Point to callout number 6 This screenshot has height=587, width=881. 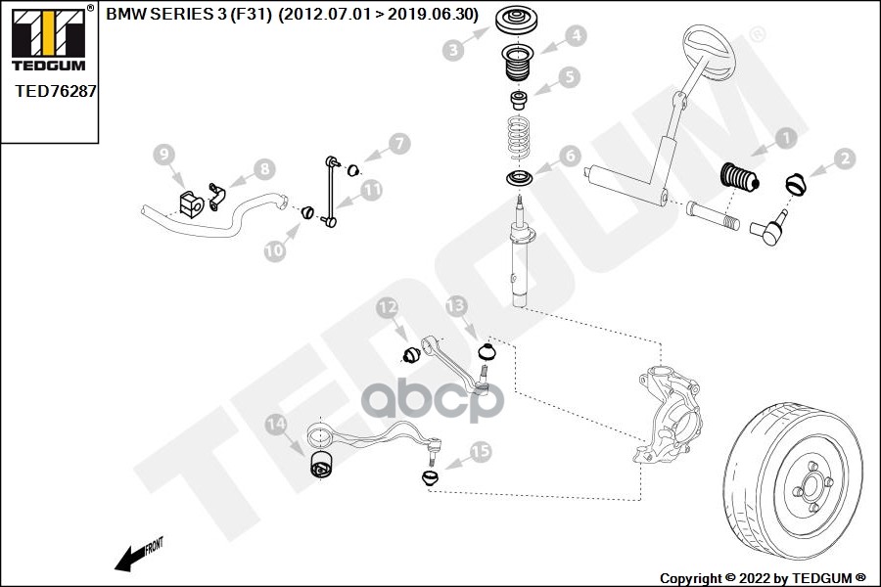pyautogui.click(x=570, y=155)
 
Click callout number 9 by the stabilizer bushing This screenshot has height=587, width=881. pyautogui.click(x=163, y=154)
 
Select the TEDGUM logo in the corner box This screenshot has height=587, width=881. pyautogui.click(x=48, y=40)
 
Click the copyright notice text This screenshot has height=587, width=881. pyautogui.click(x=762, y=577)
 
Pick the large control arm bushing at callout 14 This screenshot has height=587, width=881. pyautogui.click(x=322, y=466)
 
